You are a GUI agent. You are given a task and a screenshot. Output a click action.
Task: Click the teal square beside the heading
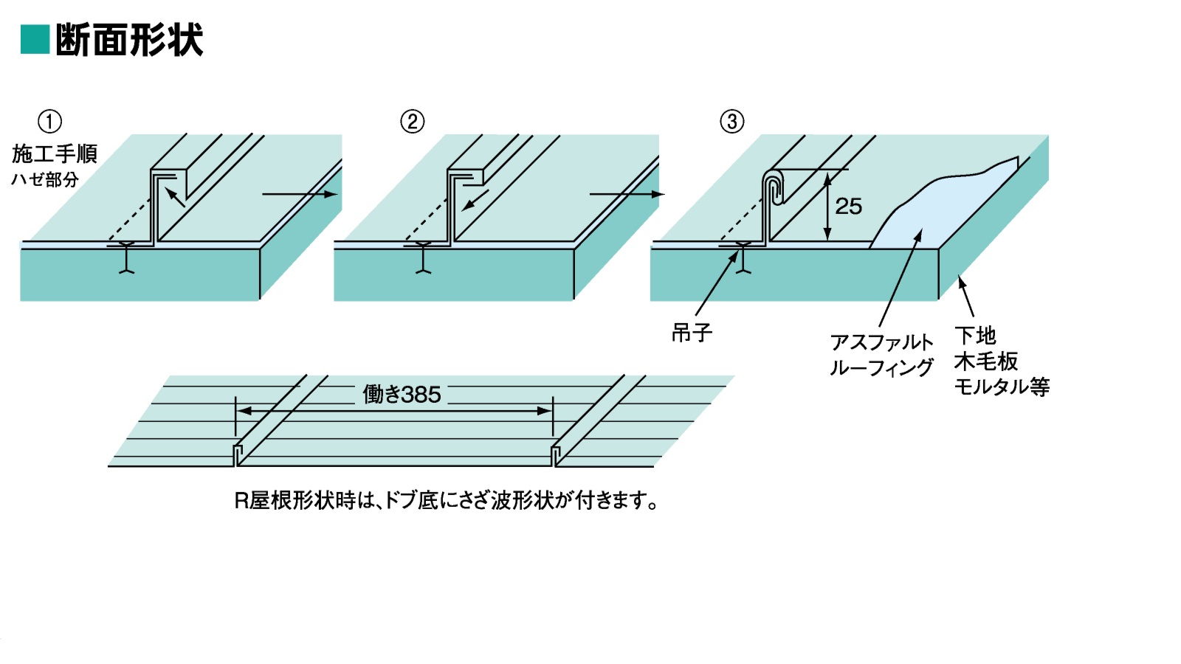pos(35,40)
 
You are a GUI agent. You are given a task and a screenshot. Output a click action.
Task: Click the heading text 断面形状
pos(129,40)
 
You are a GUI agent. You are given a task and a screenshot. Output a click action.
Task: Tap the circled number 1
pos(49,122)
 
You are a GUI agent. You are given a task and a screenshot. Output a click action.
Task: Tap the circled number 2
pos(412,122)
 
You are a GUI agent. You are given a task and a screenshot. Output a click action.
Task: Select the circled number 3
pos(731,122)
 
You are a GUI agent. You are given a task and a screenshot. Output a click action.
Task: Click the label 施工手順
pos(55,153)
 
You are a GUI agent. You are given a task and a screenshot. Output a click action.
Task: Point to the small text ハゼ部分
pos(45,179)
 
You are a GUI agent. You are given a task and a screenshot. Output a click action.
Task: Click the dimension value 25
pos(848,207)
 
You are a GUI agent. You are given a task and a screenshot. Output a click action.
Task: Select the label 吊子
pos(692,333)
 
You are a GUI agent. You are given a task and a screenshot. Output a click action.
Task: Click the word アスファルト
pos(881,342)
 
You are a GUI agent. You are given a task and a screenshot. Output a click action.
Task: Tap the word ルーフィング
pos(881,367)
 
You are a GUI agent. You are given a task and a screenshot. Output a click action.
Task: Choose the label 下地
pos(975,336)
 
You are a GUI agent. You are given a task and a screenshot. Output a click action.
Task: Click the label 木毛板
pos(986,361)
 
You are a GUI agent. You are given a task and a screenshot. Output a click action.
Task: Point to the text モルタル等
pos(1002,386)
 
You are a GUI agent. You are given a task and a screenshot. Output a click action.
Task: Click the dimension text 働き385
pos(402,395)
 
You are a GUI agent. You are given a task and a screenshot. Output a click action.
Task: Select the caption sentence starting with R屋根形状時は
pos(446,500)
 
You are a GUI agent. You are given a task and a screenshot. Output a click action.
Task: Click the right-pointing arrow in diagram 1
pos(299,195)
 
